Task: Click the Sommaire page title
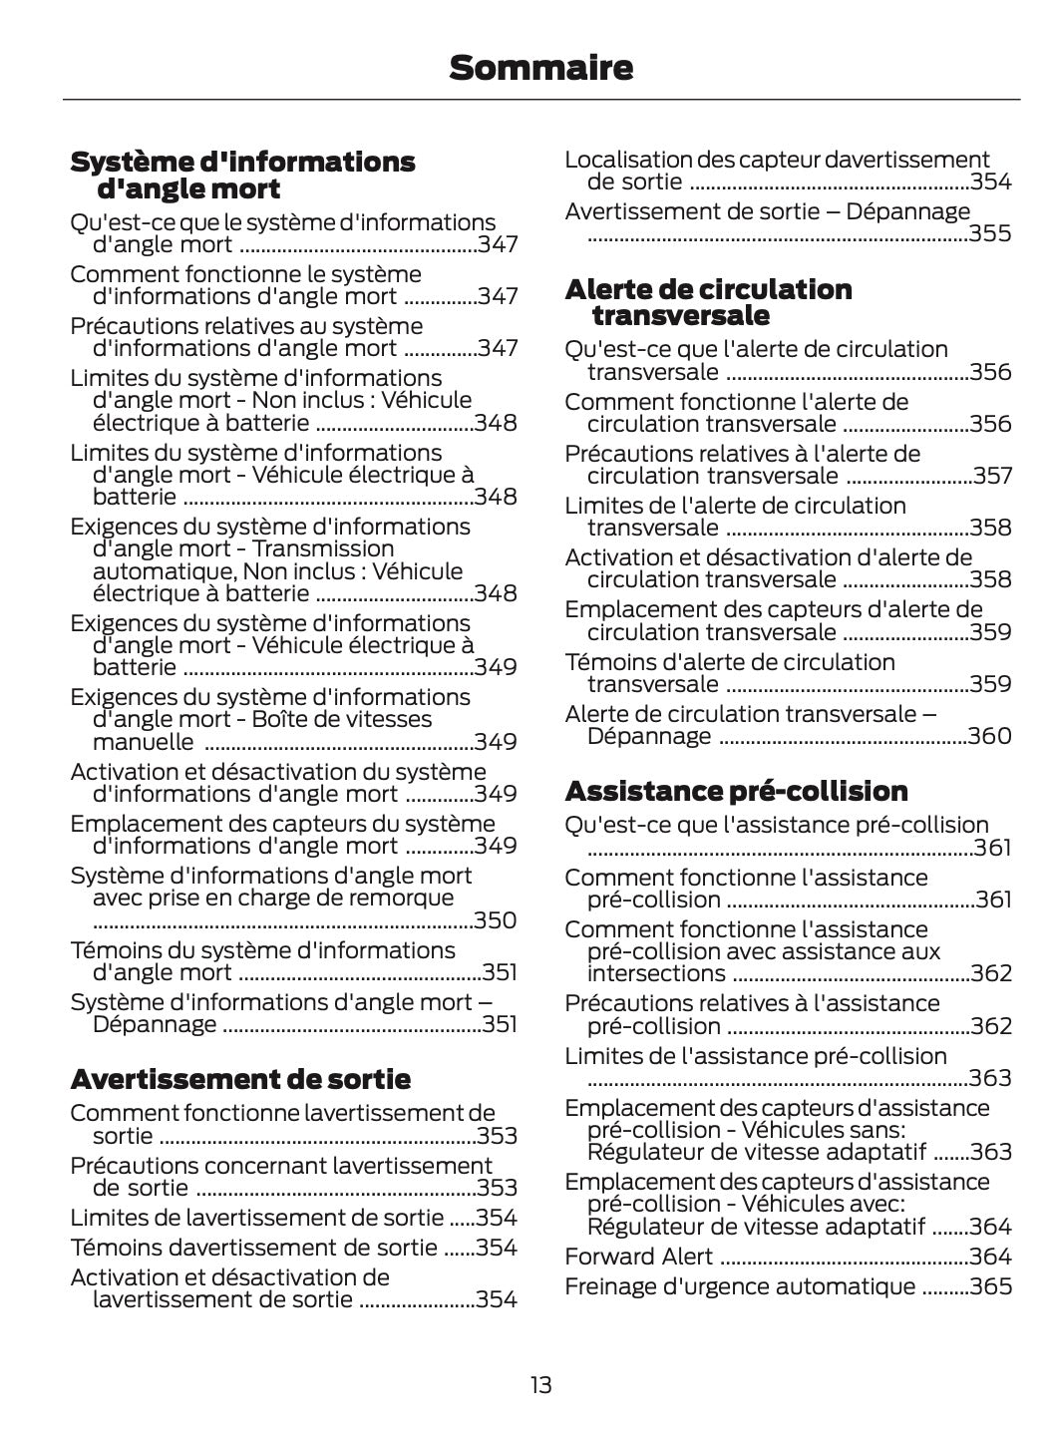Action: [x=540, y=68]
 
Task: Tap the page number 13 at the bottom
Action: [x=540, y=1385]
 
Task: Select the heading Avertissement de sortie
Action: [x=240, y=1079]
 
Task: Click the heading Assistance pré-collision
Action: [x=736, y=791]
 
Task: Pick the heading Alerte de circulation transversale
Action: [x=708, y=302]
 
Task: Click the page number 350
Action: [x=495, y=920]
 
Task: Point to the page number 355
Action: [x=990, y=233]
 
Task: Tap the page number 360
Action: [x=990, y=736]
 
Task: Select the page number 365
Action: [x=990, y=1286]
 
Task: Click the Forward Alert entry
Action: [x=638, y=1257]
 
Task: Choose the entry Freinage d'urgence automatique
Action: [x=740, y=1286]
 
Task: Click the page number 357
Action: [x=992, y=476]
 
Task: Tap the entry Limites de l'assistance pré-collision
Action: [x=756, y=1056]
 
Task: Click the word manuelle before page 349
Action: [x=144, y=742]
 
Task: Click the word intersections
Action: [x=656, y=973]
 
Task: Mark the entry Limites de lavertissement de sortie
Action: [x=256, y=1218]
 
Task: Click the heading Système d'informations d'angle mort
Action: [x=242, y=175]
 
